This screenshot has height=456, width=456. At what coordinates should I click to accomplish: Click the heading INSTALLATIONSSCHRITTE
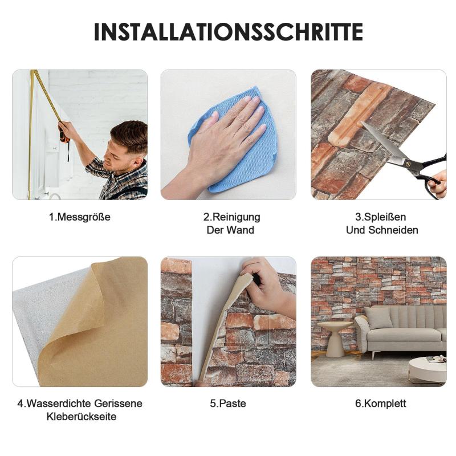[x=229, y=32]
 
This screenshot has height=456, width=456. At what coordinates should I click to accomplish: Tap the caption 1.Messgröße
[x=80, y=217]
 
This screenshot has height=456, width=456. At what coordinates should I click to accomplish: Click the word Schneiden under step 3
[x=393, y=230]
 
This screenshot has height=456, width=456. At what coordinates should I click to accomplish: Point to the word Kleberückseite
[x=82, y=417]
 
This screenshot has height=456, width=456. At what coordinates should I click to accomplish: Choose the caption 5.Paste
[x=228, y=404]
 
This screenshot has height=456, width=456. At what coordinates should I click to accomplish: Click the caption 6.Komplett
[x=380, y=404]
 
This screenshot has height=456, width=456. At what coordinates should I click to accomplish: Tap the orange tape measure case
[x=64, y=136]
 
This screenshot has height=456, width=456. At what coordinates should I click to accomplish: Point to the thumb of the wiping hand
[x=203, y=122]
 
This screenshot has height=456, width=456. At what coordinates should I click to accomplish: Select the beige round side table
[x=335, y=337]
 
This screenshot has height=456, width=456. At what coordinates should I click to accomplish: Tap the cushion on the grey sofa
[x=379, y=318]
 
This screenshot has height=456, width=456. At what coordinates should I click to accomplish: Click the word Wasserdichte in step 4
[x=58, y=404]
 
